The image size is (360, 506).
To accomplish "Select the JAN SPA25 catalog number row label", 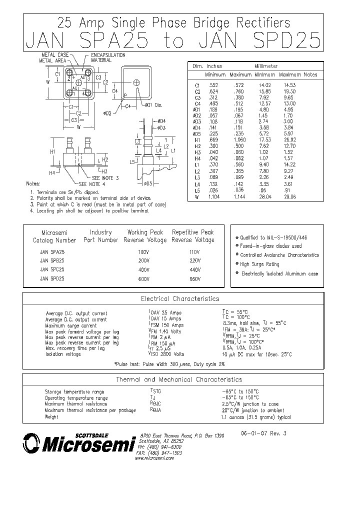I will point(52,252).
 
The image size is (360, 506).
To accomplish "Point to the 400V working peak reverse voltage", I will point(144,269).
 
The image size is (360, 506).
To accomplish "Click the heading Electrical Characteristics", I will point(180,298).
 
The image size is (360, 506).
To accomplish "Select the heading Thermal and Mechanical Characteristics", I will point(179,379).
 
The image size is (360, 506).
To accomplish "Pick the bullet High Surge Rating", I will point(259,264).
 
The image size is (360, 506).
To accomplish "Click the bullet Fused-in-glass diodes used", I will point(270,246).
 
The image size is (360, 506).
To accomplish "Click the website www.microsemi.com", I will point(155,458).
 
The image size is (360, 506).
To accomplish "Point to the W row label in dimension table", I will point(197,197).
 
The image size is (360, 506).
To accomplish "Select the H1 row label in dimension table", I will point(197,140).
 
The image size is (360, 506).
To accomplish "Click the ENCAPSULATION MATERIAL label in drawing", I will point(107,57).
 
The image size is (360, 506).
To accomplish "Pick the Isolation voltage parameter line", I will point(63,354).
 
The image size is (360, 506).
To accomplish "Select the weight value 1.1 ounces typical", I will point(255,417).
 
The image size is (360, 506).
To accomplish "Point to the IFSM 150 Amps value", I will point(165,325).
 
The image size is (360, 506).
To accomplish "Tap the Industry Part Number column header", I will point(100,236).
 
